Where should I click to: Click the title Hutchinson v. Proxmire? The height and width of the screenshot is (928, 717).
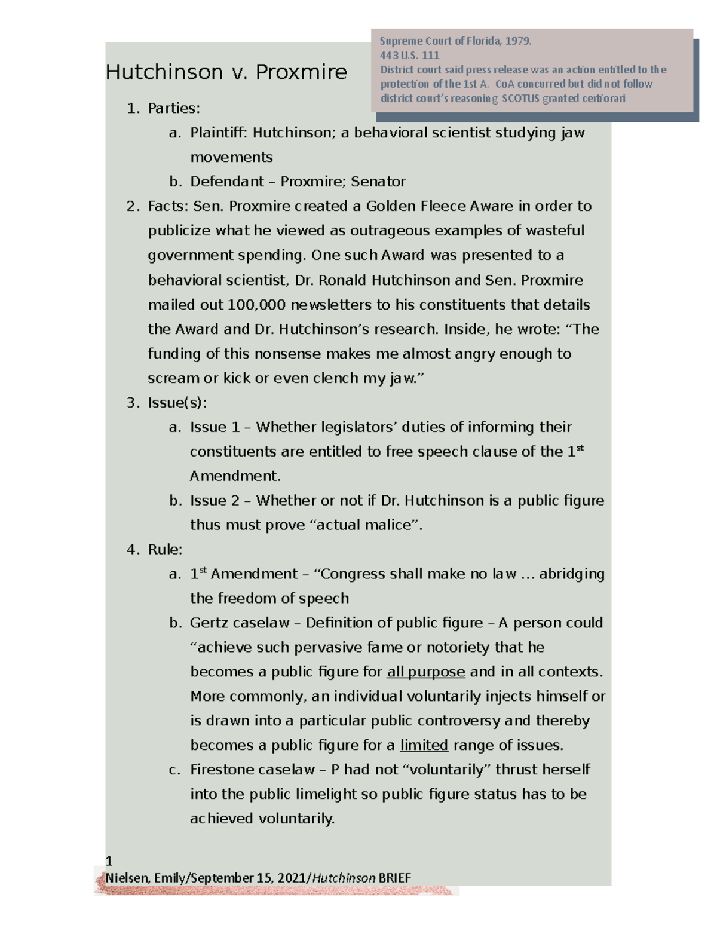point(226,72)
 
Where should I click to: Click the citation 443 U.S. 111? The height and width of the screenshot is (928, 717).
point(410,56)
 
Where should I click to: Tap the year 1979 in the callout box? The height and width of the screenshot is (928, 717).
point(517,41)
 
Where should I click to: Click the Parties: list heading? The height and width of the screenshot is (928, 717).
point(174,108)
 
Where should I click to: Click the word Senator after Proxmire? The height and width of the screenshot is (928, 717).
point(378,182)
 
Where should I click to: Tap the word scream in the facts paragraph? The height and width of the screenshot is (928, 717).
point(173,378)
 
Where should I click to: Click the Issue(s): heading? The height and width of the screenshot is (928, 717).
point(177,403)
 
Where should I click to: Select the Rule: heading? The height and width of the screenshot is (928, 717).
point(165,550)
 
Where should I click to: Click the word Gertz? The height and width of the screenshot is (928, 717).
point(209,623)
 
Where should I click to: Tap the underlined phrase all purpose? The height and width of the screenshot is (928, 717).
point(426,672)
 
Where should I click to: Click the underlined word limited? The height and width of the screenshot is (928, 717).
point(424,746)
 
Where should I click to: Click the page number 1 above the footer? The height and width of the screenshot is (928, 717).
point(109,861)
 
